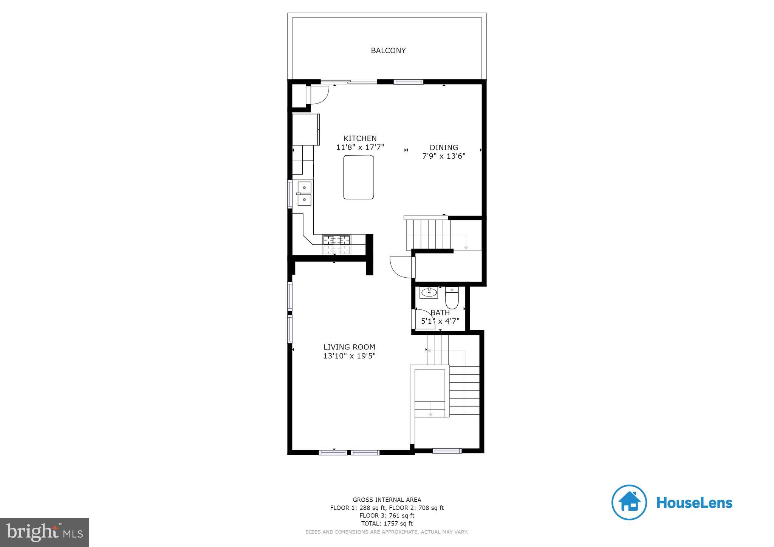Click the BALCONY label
click(x=388, y=51)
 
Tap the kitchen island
click(x=359, y=177)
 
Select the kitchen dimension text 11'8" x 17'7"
click(x=360, y=147)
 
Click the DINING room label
click(x=444, y=147)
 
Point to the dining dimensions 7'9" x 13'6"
click(x=444, y=156)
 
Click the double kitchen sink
click(x=304, y=193)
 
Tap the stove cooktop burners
click(x=336, y=240)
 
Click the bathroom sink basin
click(x=429, y=292)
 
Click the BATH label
click(x=440, y=313)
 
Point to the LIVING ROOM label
click(x=349, y=347)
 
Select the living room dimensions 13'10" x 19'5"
click(x=349, y=356)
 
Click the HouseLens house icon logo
click(x=629, y=502)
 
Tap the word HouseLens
click(x=694, y=503)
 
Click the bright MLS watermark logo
click(x=45, y=532)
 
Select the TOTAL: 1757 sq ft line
click(x=387, y=524)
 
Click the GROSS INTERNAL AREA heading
click(x=387, y=500)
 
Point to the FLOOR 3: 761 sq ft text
click(x=387, y=516)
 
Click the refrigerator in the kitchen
click(x=305, y=129)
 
